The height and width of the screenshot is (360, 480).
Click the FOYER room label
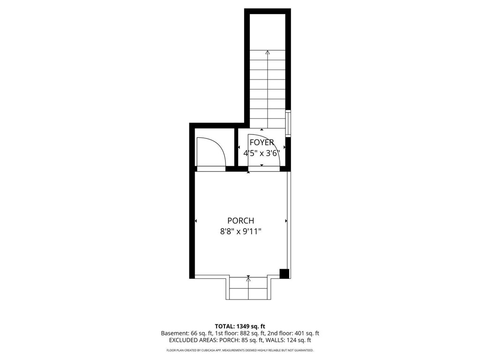pos(262,142)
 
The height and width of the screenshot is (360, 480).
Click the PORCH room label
pos(240,220)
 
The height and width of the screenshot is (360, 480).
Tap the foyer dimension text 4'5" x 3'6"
pos(262,153)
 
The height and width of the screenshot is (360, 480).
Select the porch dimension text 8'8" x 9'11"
pos(240,231)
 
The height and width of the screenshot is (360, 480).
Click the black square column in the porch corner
pos(284,273)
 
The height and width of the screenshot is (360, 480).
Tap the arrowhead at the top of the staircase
pos(268,52)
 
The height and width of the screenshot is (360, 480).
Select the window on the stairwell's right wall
pos(289,123)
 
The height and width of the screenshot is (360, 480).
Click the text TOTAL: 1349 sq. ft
pos(240,326)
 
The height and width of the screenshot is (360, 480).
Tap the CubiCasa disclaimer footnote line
pos(240,350)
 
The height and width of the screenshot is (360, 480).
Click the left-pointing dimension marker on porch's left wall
pos(195,220)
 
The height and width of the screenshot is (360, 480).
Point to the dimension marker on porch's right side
pos(285,220)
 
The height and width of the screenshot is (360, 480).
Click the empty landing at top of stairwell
pos(268,30)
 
